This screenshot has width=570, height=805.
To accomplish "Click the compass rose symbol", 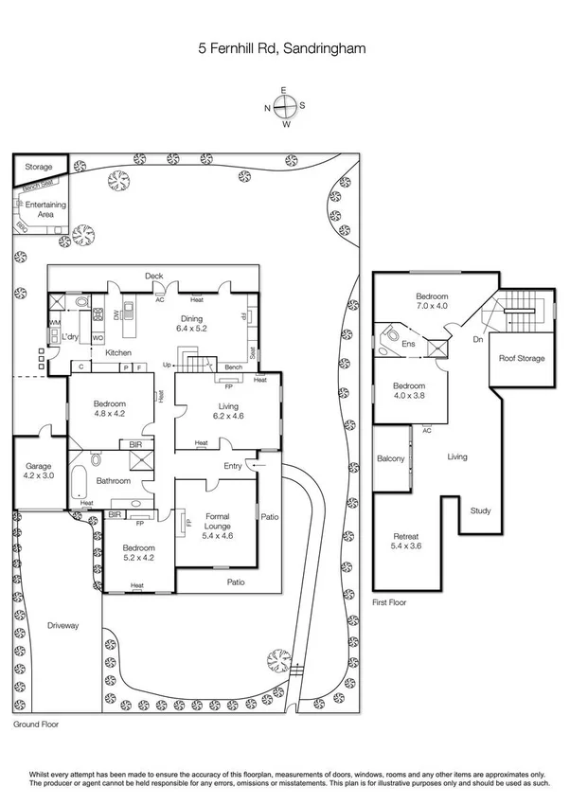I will [284, 107].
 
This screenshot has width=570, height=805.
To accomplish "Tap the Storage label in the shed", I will [39, 167].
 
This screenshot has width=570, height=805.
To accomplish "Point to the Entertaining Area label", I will [45, 209].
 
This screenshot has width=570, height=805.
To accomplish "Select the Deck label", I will [153, 276].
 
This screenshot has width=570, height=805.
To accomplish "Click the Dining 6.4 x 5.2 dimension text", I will [196, 325].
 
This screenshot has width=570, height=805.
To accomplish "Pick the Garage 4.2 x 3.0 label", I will [38, 469].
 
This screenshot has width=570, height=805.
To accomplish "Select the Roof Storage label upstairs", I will [521, 358].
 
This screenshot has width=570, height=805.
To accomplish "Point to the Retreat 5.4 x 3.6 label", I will [409, 541].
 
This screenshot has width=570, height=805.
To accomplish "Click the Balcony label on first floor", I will [390, 458].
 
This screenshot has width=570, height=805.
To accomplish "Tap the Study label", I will [480, 511].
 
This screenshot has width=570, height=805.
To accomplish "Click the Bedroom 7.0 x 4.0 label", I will [431, 301].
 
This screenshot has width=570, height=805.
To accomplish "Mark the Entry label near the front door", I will [232, 465].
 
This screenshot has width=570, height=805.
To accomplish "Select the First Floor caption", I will [389, 601].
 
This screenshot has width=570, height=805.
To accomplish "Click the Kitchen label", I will [117, 352].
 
